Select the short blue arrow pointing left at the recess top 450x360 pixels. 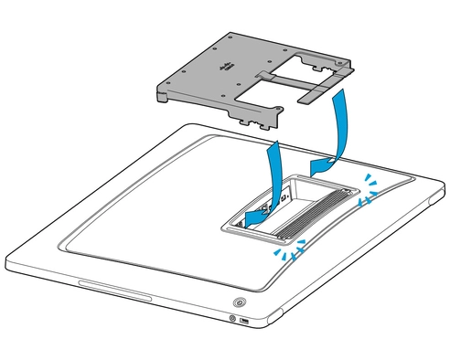point(322,164)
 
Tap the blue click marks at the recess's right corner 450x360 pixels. point(370,185)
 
